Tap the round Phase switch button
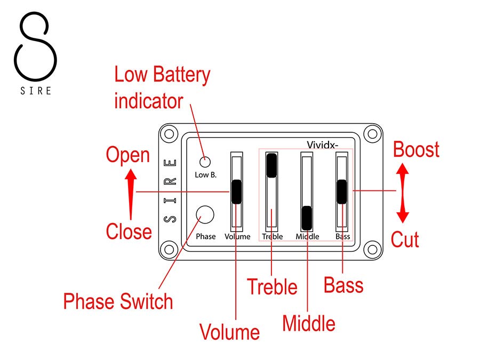[205, 215]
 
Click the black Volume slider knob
[236, 191]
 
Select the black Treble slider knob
[272, 165]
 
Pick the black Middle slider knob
[307, 217]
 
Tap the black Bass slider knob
[341, 191]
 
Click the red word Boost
[416, 149]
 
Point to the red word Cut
[405, 239]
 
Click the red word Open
[127, 155]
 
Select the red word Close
[129, 231]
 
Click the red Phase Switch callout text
[118, 301]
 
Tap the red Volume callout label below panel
[229, 332]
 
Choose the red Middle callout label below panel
[309, 323]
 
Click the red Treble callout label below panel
[272, 287]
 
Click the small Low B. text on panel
[205, 175]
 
